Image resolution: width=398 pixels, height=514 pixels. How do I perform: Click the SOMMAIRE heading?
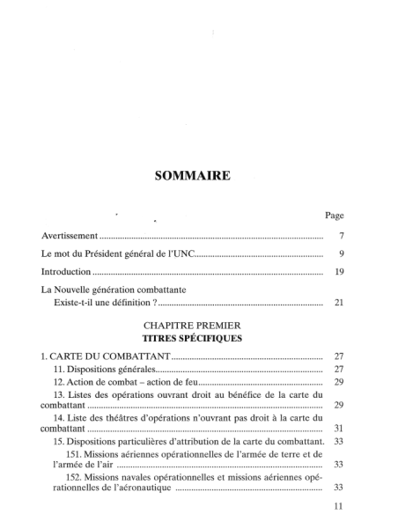click(x=192, y=176)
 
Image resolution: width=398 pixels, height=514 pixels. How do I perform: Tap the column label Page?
click(x=334, y=215)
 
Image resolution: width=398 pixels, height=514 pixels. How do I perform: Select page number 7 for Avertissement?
click(x=340, y=238)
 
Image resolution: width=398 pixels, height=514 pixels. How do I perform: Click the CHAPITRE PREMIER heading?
click(x=191, y=325)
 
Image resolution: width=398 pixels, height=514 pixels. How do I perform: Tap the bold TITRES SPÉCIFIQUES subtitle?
click(x=191, y=337)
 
